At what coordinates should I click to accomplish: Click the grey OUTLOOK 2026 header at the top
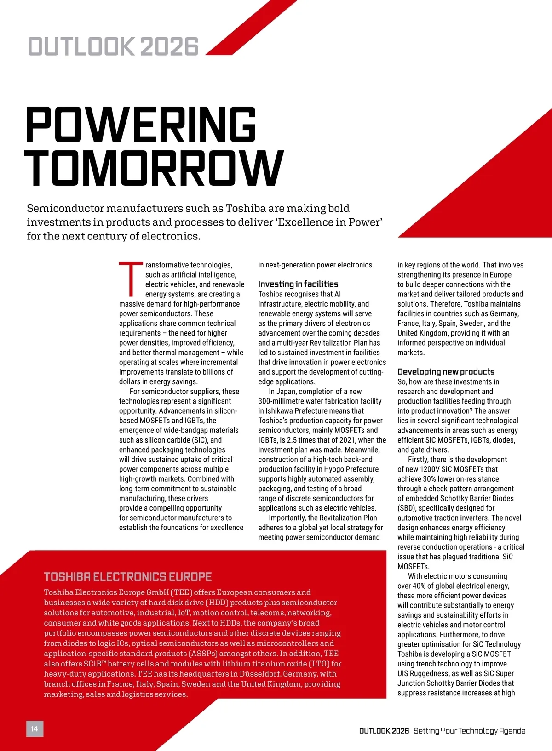113,47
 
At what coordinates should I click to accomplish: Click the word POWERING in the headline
141,125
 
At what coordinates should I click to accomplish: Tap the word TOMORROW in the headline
154,168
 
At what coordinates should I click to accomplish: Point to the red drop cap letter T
131,279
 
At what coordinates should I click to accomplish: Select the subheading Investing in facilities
298,284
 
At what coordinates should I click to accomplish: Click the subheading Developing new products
446,371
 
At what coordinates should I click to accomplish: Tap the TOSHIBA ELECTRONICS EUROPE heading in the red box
128,577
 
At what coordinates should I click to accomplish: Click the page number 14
34,728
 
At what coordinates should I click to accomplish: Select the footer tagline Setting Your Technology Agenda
469,731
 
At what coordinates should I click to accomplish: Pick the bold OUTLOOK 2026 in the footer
384,731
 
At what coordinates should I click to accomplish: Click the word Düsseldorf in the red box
260,674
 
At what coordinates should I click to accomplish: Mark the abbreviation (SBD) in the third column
407,508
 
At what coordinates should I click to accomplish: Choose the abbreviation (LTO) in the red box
319,664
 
